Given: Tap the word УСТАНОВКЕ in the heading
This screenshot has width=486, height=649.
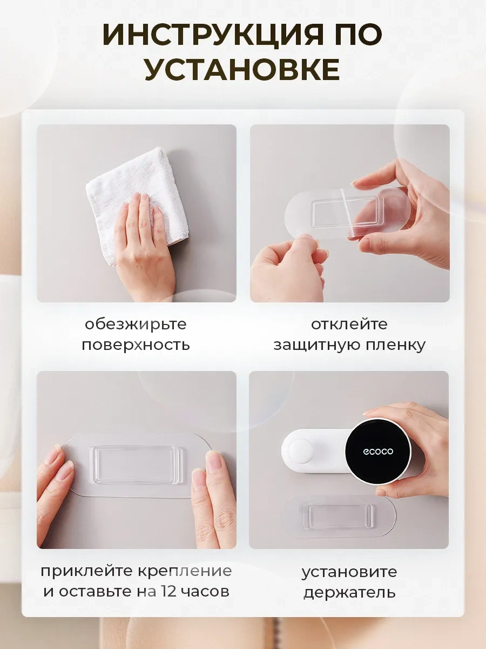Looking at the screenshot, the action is point(242,69).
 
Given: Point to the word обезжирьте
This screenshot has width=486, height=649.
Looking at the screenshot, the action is point(136,325).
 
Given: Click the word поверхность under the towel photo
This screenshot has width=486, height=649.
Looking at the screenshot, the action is point(136,345).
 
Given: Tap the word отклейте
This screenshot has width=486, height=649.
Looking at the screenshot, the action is point(349,324).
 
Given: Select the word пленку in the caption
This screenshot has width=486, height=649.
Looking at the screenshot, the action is point(396,345).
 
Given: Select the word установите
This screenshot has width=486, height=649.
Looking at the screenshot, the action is point(349,572).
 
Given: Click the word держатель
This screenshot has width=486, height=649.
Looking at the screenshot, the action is point(349,592).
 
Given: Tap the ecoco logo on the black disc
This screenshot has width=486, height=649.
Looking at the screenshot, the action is point(378,451).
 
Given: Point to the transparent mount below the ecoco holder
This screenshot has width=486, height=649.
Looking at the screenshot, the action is point(338,516).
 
